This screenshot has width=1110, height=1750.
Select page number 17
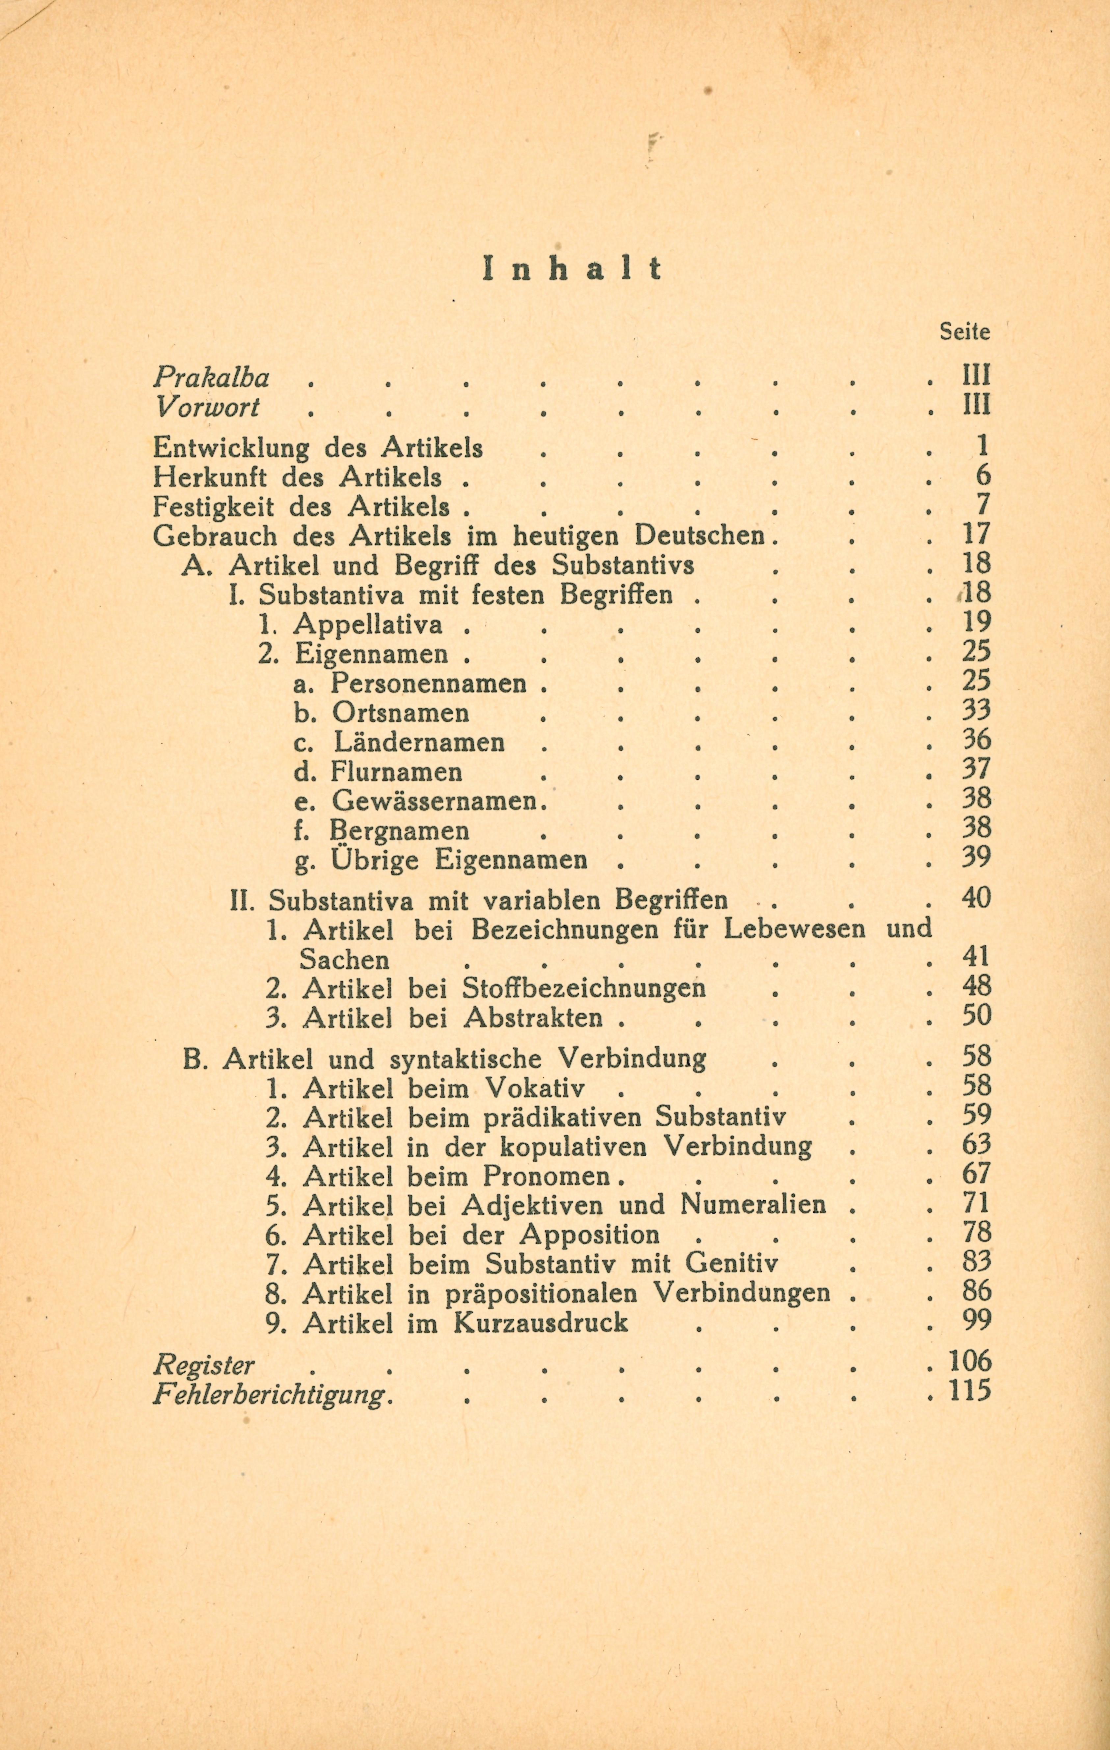(x=976, y=535)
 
